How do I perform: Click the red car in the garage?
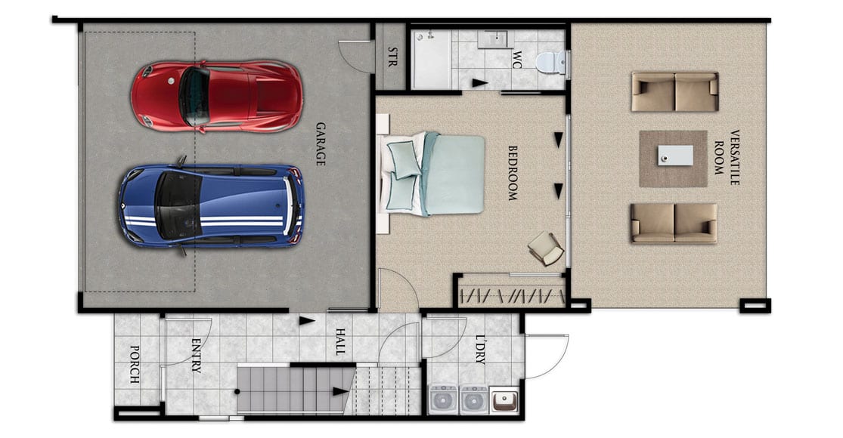pyautogui.click(x=217, y=96)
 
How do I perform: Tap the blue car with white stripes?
pyautogui.click(x=212, y=205)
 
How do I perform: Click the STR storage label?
pyautogui.click(x=392, y=57)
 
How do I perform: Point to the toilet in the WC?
pyautogui.click(x=550, y=62)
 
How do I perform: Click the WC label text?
pyautogui.click(x=517, y=60)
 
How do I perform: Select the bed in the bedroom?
pyautogui.click(x=434, y=173)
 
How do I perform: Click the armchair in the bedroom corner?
pyautogui.click(x=547, y=248)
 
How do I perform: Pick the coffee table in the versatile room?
pyautogui.click(x=675, y=156)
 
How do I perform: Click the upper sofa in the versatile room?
pyautogui.click(x=674, y=91)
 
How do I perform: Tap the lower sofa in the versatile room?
pyautogui.click(x=674, y=223)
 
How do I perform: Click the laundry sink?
pyautogui.click(x=504, y=400)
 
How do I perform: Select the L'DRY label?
pyautogui.click(x=480, y=350)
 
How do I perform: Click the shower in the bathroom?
pyautogui.click(x=431, y=60)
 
